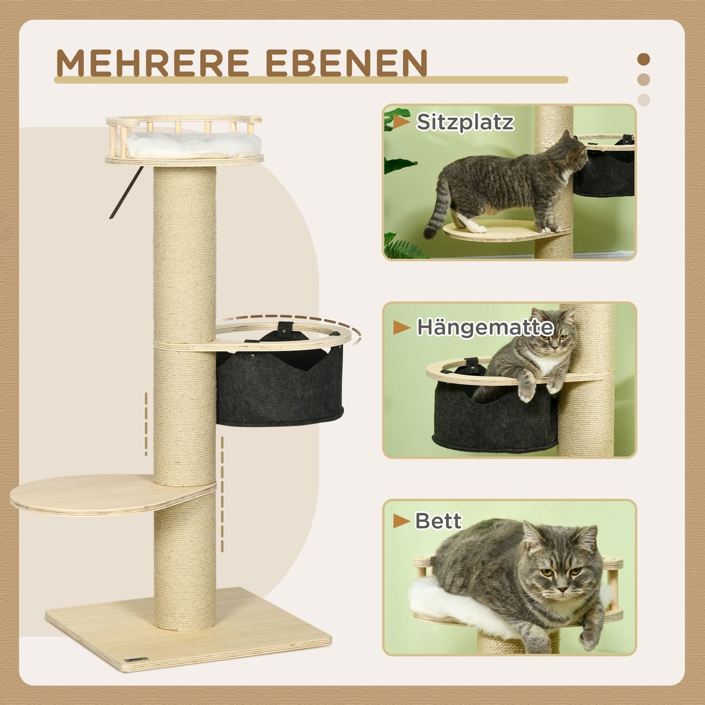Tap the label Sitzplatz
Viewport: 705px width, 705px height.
(464, 122)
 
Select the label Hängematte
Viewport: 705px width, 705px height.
(485, 327)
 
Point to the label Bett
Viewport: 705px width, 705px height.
(438, 521)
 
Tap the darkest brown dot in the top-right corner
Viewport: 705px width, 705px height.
(644, 59)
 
